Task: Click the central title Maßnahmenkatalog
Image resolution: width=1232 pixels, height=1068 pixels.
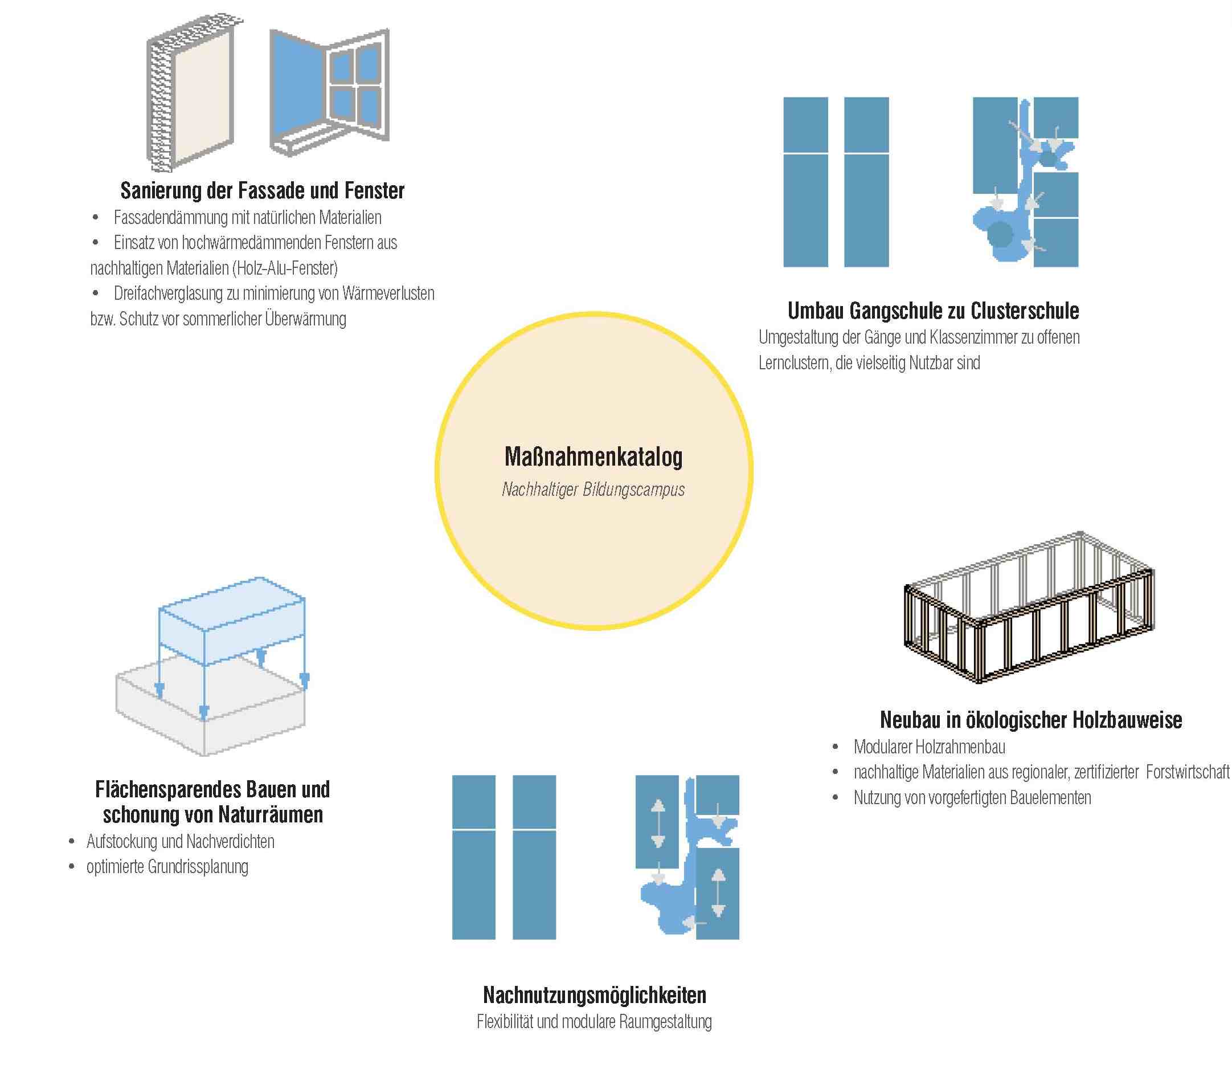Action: pyautogui.click(x=594, y=457)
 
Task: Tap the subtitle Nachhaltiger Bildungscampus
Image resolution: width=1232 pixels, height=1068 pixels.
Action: pyautogui.click(x=594, y=490)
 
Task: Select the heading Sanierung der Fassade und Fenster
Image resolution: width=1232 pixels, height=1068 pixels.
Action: pyautogui.click(x=262, y=191)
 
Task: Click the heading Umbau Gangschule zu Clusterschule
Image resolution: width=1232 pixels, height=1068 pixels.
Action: pyautogui.click(x=933, y=311)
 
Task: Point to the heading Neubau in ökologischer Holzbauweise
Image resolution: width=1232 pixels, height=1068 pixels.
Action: pyautogui.click(x=1030, y=720)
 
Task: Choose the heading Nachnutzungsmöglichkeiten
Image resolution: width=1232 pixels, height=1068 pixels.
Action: pyautogui.click(x=594, y=995)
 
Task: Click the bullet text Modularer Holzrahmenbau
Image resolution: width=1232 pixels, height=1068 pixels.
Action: pyautogui.click(x=929, y=747)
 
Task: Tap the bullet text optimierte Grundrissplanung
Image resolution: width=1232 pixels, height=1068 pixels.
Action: pyautogui.click(x=167, y=867)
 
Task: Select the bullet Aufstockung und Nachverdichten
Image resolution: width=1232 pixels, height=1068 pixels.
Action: pyautogui.click(x=180, y=842)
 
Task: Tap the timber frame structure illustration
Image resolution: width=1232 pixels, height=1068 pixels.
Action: pyautogui.click(x=1029, y=608)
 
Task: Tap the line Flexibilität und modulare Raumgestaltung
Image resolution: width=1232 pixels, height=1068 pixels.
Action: pyautogui.click(x=594, y=1022)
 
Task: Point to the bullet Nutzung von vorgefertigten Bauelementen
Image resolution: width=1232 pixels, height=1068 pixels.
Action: pyautogui.click(x=972, y=797)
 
